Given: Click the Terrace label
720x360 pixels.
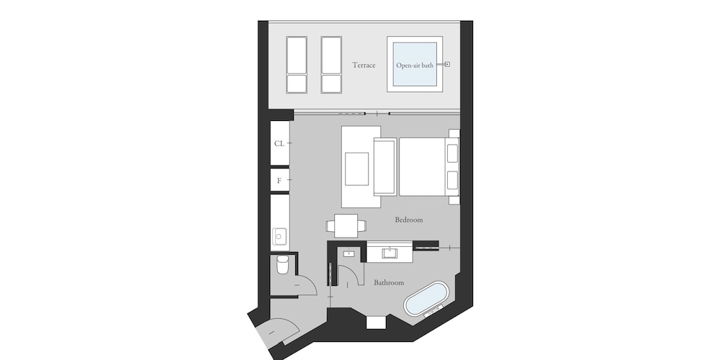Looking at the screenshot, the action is (364, 66).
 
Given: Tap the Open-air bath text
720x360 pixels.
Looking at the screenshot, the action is (415, 66).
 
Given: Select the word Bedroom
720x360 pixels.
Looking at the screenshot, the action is (409, 220).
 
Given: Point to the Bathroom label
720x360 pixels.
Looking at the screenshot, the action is (389, 282).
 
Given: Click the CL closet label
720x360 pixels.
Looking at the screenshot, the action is (279, 144).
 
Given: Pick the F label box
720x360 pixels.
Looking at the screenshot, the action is (279, 180).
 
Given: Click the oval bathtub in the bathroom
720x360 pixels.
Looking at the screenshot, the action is (426, 299).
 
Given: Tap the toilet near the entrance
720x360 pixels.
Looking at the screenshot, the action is (282, 264).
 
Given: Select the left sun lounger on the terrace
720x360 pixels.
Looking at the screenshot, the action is (297, 65).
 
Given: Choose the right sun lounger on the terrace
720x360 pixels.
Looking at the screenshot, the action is (331, 65).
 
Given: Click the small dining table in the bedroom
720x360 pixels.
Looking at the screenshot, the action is (346, 226).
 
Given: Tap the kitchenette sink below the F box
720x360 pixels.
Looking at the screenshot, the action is (279, 236).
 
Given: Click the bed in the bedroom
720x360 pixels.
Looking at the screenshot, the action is (428, 167).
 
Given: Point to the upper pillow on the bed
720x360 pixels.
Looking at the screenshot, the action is (452, 153).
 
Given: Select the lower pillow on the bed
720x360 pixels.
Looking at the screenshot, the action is (452, 180).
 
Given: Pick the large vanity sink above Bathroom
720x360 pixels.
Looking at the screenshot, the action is (390, 253).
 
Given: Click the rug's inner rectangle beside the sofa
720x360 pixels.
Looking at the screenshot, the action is (357, 169).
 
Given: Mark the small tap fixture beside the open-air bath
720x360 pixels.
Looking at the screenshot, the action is (447, 64).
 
